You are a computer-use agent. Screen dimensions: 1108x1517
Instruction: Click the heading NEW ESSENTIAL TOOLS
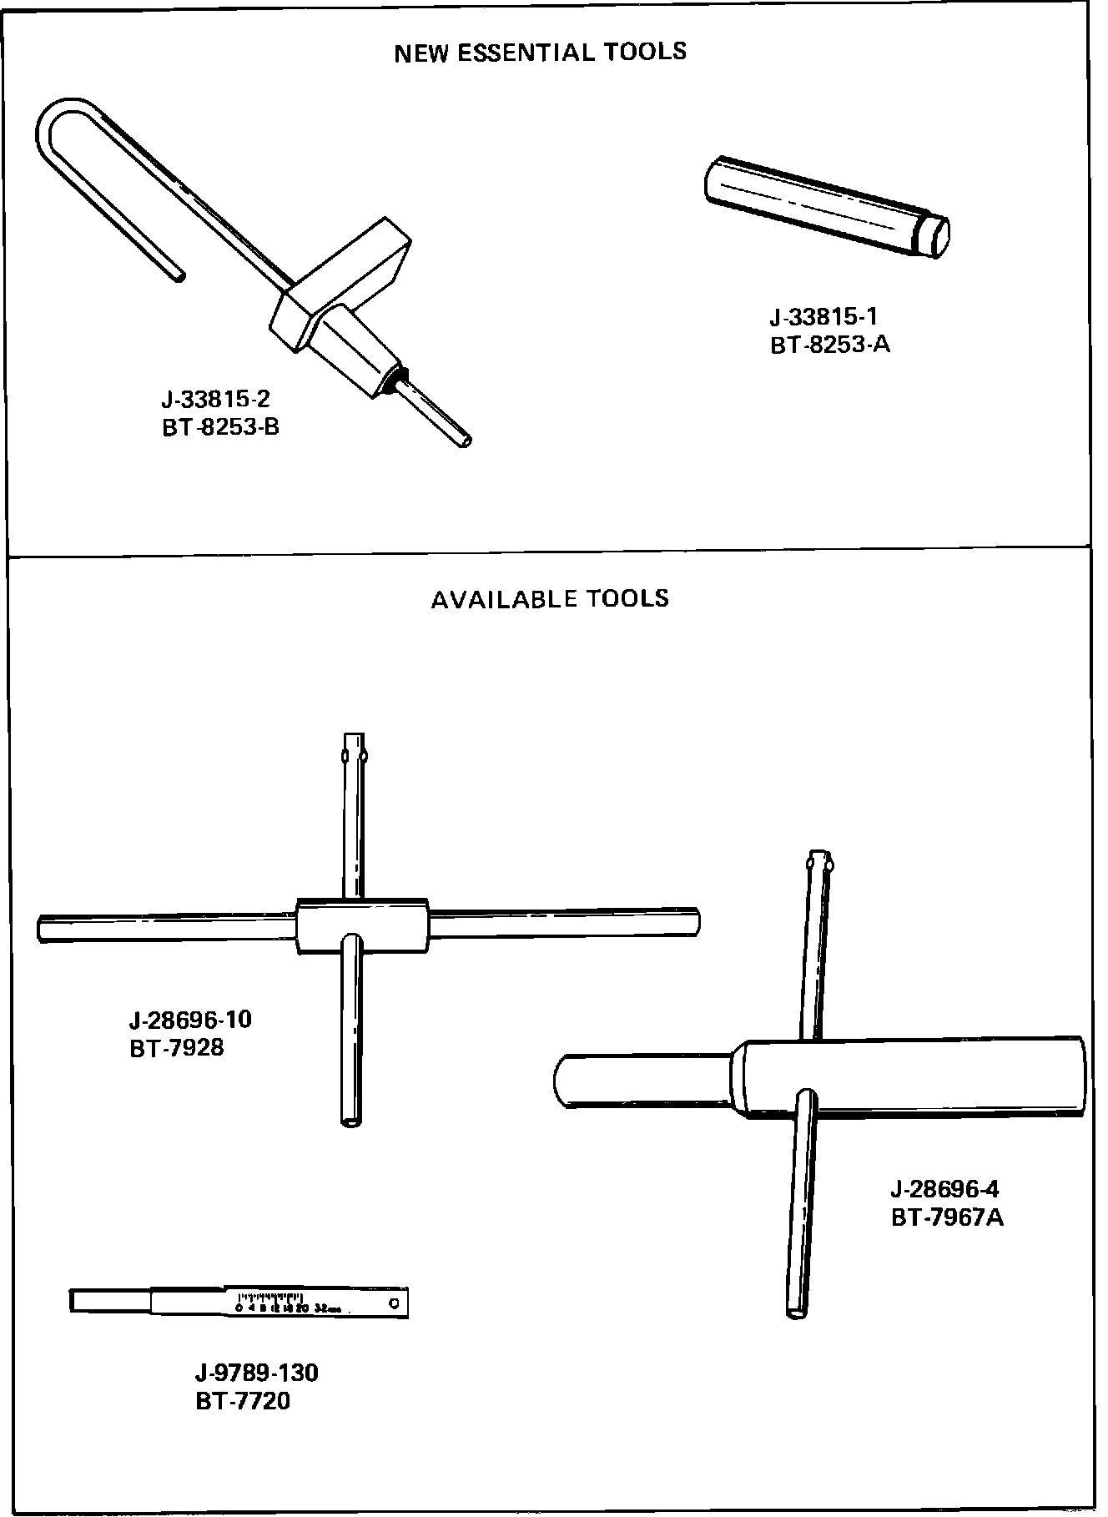pos(540,53)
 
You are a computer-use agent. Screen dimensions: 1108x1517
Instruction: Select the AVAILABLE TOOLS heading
pos(550,598)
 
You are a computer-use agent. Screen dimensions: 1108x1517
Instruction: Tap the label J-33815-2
pos(215,399)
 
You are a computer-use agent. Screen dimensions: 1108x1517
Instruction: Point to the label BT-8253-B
pos(220,427)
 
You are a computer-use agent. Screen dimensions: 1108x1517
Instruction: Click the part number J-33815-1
pos(823,316)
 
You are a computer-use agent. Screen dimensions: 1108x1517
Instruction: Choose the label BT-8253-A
pos(830,344)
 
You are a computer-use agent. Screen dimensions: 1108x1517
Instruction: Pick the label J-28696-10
pos(190,1020)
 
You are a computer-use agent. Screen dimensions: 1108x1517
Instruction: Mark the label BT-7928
pos(177,1047)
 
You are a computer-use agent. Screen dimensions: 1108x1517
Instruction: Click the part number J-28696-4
pos(944,1188)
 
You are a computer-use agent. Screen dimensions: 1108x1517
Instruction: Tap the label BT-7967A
pos(947,1217)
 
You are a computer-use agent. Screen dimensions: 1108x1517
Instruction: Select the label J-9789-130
pos(256,1371)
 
